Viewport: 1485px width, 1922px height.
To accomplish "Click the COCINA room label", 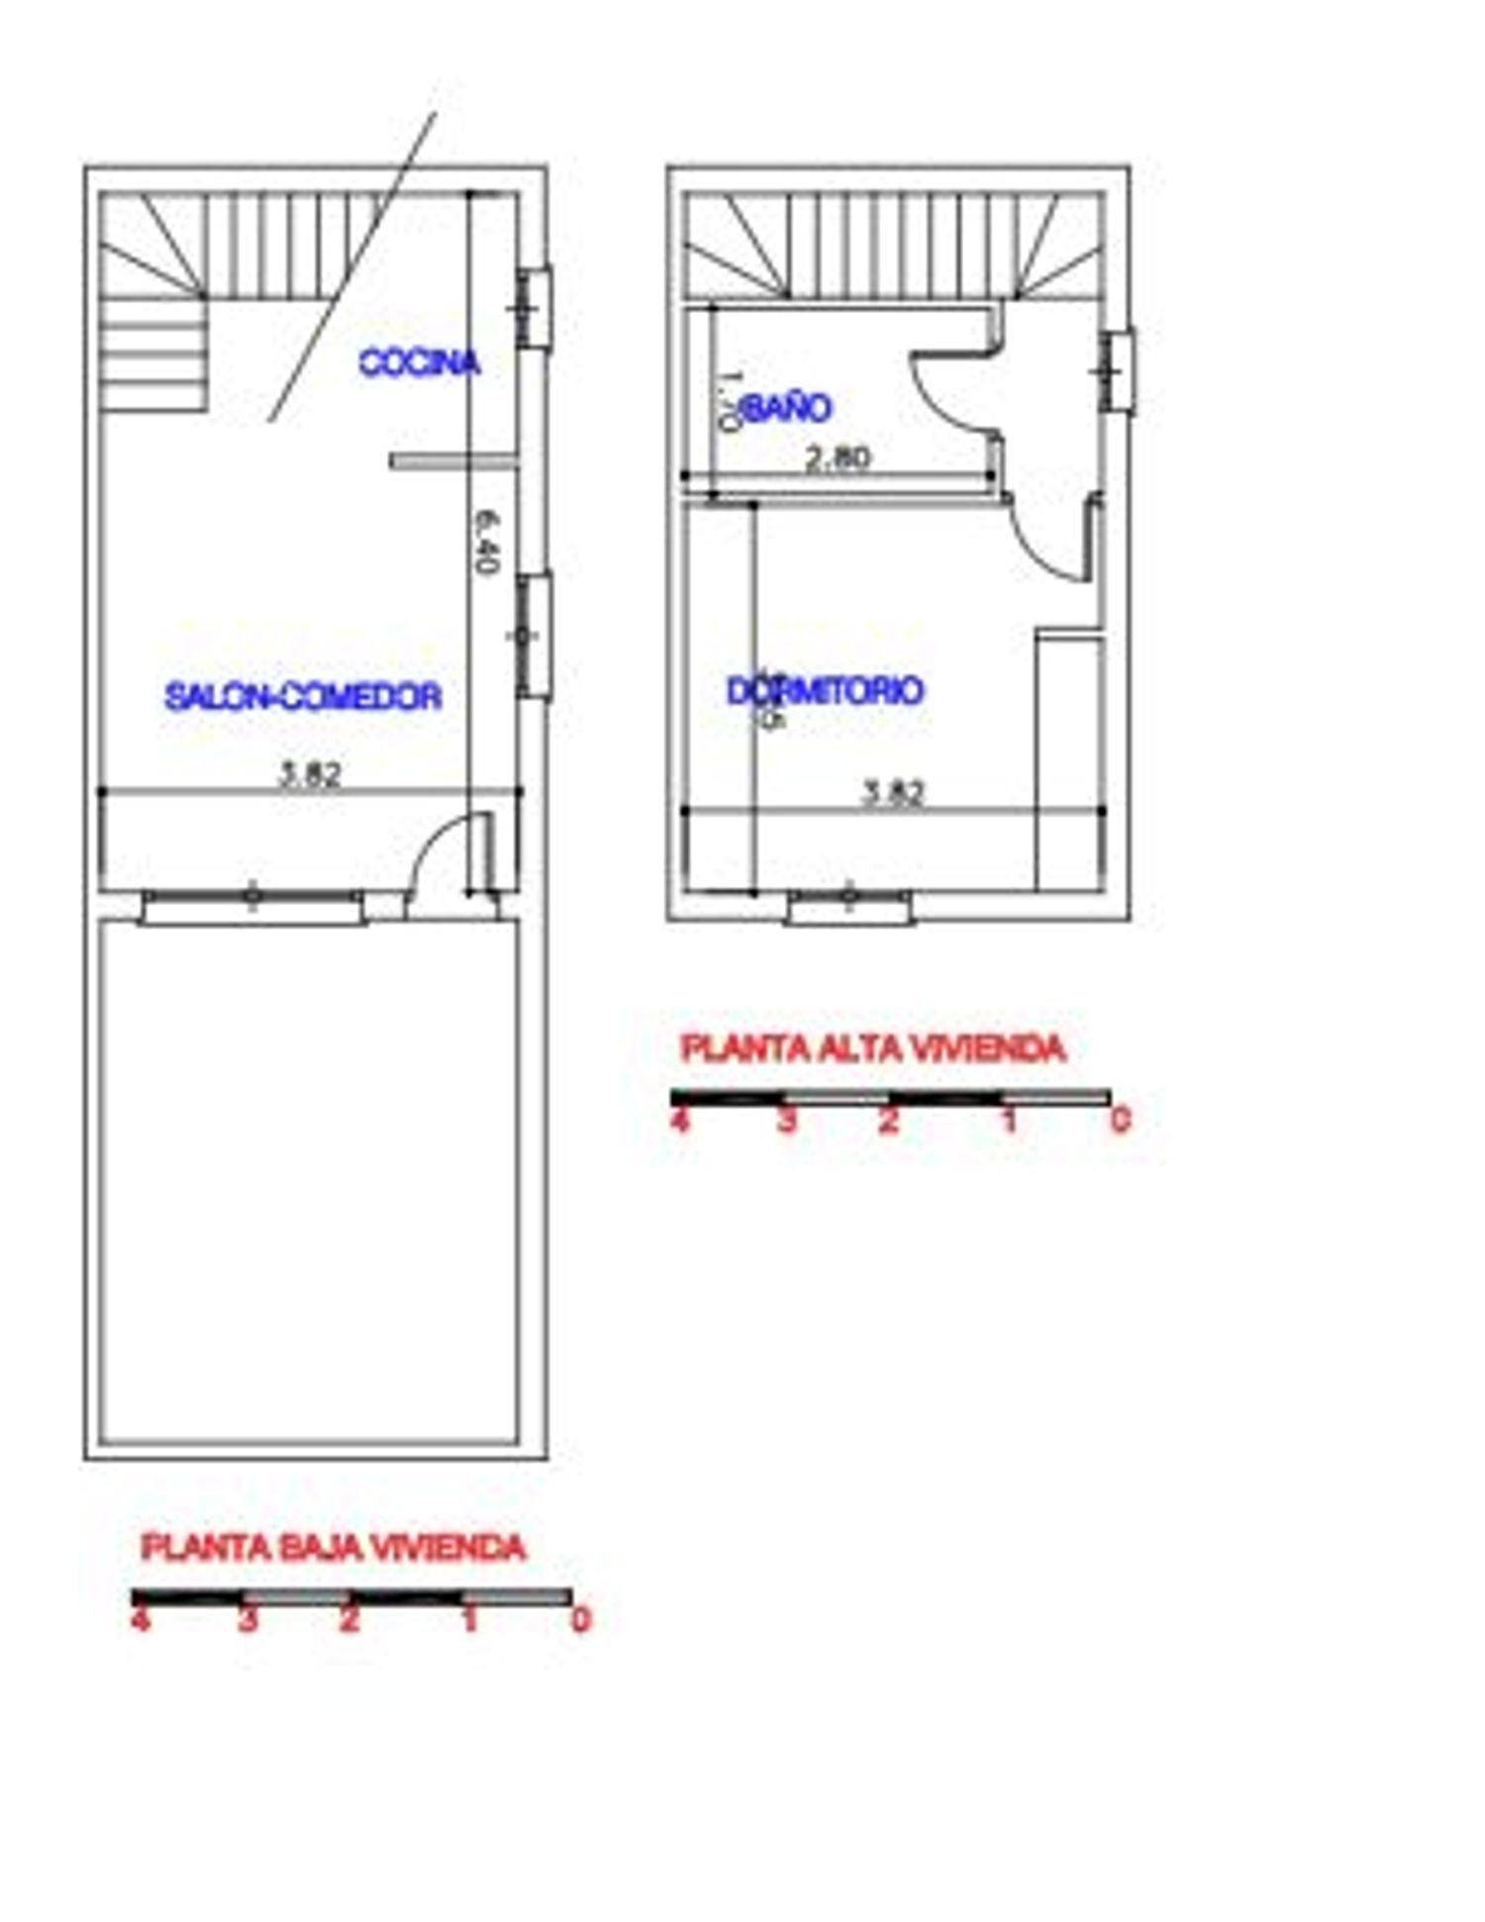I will (x=419, y=362).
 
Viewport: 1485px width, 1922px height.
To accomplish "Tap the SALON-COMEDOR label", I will (x=303, y=696).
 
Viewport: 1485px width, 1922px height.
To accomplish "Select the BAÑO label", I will (x=786, y=408).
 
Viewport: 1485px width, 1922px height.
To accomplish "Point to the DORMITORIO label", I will (x=825, y=690).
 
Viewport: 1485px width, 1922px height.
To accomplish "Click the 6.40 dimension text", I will (x=484, y=542).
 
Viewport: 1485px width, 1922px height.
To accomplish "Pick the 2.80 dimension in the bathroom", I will (x=838, y=457).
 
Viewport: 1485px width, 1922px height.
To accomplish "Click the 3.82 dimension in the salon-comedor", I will (x=310, y=774).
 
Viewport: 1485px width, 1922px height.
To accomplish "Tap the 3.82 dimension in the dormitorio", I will (x=894, y=793).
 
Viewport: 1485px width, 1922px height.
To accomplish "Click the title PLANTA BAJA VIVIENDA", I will (x=333, y=1547).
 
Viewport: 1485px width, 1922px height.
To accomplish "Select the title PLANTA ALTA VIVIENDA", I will (x=873, y=1049).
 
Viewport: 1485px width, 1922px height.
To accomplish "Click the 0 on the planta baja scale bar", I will (x=581, y=1620).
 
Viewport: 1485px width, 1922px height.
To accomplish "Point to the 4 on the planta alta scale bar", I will (x=679, y=1121).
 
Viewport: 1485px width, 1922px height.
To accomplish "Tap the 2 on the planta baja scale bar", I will (x=348, y=1620).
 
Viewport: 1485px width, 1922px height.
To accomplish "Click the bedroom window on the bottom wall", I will (x=849, y=906).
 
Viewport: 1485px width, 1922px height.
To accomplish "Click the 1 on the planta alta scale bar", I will (x=1008, y=1121).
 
